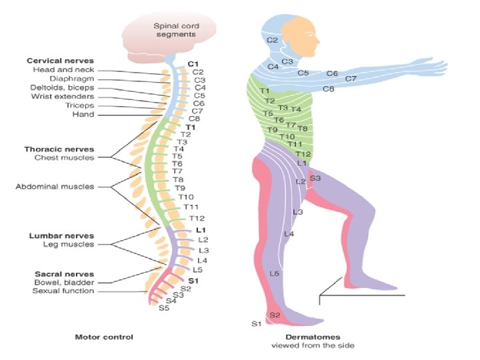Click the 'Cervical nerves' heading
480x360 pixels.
tap(60, 61)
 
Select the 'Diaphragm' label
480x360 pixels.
tap(72, 79)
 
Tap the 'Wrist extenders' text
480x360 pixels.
tap(63, 97)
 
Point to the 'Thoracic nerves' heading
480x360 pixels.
tap(59, 149)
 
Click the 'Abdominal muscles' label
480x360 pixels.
tap(55, 187)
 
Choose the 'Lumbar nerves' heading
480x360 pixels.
tap(61, 236)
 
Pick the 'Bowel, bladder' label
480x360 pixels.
tap(64, 282)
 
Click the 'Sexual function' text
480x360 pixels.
tap(63, 291)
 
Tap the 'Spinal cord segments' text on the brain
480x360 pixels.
tap(176, 30)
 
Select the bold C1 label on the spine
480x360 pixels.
tap(193, 64)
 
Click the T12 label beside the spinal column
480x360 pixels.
tap(197, 218)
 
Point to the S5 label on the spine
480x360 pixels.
tap(164, 308)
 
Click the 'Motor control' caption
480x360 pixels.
tap(104, 337)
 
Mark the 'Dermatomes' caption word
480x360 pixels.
tap(313, 337)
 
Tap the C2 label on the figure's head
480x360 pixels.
tap(272, 40)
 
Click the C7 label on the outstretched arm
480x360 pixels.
tap(351, 79)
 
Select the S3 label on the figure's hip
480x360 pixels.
tap(315, 178)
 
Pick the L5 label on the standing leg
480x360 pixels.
tap(275, 273)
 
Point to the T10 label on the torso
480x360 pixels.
tap(287, 137)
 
